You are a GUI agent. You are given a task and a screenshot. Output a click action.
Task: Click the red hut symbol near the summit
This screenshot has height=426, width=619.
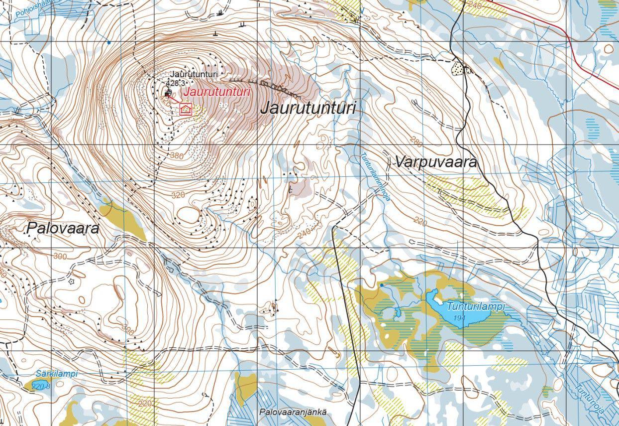coord(186,109)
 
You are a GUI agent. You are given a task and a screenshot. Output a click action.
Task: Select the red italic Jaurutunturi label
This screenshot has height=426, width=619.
coord(216,92)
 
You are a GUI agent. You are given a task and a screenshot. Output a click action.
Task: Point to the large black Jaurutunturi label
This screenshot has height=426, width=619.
coord(309,108)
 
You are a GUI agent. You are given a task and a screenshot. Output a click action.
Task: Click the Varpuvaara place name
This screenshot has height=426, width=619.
coord(436,162)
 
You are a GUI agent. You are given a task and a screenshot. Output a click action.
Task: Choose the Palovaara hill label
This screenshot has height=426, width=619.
coord(63,228)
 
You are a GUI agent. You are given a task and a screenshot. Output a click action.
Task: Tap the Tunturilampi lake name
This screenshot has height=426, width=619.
coord(475,306)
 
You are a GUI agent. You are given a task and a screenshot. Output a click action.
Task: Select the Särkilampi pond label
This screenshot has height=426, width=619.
coord(57,373)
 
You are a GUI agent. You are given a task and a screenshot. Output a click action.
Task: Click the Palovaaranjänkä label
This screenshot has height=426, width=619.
coord(293,412)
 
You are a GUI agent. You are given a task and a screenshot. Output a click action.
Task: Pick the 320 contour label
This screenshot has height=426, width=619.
coord(178,195)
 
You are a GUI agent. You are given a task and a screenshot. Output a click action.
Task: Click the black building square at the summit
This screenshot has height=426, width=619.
coord(168,93)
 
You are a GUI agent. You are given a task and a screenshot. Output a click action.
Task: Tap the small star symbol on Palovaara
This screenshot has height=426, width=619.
coord(71,282)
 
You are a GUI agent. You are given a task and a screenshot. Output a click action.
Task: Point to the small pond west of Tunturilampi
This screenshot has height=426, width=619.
coord(397,313)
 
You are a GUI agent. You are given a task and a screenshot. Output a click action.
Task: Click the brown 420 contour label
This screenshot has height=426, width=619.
coord(167,100)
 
